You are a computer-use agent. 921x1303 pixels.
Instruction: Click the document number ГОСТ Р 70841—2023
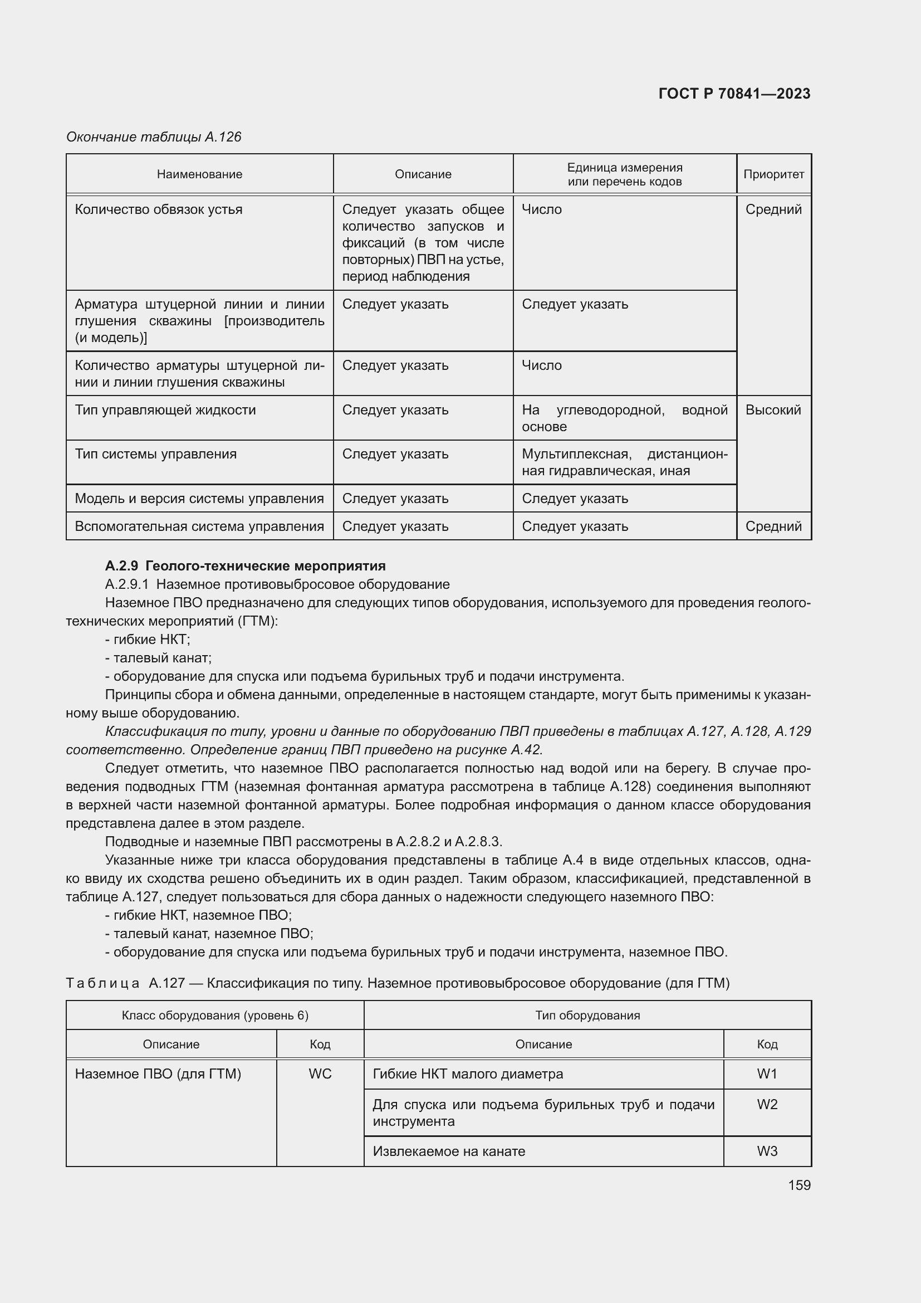coord(734,94)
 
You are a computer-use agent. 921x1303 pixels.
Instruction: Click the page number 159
coord(799,1185)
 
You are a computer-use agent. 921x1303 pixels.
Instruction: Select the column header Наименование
coord(200,174)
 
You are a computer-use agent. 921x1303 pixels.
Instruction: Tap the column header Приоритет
coord(773,174)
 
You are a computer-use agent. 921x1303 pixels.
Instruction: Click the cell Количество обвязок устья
coord(159,209)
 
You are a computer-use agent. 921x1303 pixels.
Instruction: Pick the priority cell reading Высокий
coord(773,410)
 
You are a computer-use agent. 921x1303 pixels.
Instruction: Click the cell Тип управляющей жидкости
coord(165,410)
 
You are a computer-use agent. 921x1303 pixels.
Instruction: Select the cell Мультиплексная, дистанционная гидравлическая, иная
coord(624,462)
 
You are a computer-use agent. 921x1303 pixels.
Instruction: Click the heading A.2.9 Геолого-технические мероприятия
coord(245,566)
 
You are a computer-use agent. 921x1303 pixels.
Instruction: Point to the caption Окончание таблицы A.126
coord(154,137)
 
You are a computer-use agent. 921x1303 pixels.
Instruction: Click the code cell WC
coord(320,1073)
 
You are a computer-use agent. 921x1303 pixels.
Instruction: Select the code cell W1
coord(767,1073)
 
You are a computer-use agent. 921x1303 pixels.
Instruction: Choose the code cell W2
coord(767,1104)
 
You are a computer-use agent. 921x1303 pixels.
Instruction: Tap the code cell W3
coord(767,1151)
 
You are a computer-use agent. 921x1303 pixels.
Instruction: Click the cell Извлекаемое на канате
coord(449,1151)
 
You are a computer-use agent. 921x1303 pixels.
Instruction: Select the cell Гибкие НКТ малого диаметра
coord(468,1073)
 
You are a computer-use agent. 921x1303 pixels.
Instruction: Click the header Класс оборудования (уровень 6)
coord(215,1016)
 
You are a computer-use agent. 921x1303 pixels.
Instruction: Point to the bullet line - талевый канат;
coord(158,658)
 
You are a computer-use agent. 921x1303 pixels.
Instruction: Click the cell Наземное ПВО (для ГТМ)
coord(158,1073)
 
